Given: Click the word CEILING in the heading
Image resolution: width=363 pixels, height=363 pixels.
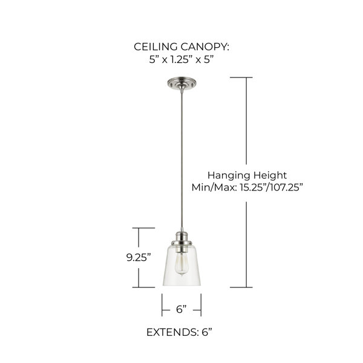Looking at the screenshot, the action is [155, 47].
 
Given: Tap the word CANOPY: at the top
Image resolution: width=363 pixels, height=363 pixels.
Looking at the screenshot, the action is [205, 47].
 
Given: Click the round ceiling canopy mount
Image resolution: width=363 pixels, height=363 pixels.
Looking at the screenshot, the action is [181, 83].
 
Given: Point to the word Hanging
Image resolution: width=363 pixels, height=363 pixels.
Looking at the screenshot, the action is [226, 175].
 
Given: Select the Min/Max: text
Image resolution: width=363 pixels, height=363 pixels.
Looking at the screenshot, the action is [214, 187].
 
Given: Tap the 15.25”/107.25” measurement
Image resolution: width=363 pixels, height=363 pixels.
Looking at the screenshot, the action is [271, 187].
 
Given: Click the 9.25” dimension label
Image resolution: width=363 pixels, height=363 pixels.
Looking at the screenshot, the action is [139, 258].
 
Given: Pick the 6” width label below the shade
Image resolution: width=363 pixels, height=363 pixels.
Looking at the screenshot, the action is [181, 309].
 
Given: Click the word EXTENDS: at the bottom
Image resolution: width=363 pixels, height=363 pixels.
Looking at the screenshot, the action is [172, 332].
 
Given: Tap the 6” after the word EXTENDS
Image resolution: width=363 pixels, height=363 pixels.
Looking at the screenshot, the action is [207, 332].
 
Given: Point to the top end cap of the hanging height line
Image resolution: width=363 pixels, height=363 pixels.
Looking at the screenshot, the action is [241, 77].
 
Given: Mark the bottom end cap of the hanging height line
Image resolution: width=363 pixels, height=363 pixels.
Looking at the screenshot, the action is [241, 287].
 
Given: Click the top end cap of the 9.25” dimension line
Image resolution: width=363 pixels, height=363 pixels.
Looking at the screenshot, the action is [143, 228].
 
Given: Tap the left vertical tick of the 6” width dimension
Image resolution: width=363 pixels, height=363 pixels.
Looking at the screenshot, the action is [162, 305].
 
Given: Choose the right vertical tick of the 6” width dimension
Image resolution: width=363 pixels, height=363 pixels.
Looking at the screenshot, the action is [201, 305].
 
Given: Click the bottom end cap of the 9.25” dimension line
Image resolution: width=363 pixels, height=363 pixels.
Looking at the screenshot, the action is [143, 287].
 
